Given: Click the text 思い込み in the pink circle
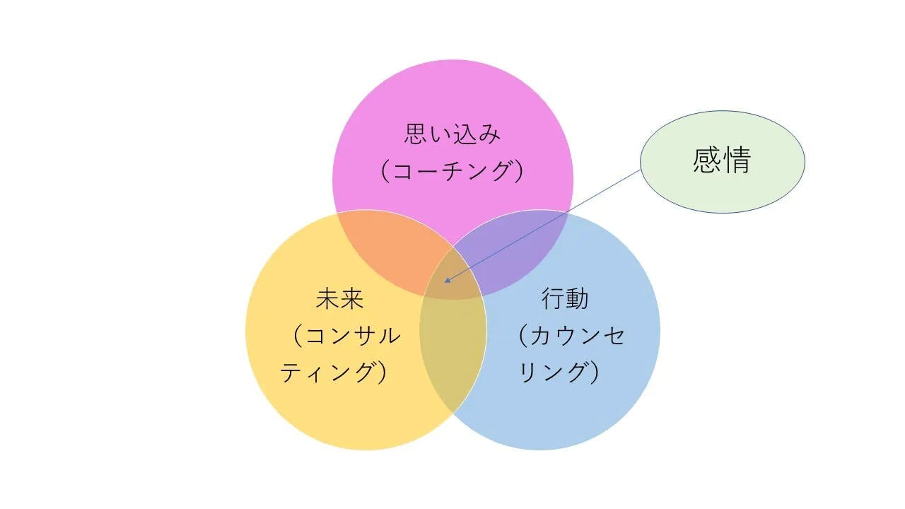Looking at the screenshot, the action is point(452,134).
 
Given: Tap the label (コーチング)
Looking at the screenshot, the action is point(452,171).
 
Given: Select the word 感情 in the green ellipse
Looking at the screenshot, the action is point(722,160).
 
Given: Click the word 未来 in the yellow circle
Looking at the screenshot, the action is point(339,299).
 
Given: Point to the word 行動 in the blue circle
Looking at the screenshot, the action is point(565,299).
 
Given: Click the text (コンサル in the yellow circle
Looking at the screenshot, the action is point(346,336).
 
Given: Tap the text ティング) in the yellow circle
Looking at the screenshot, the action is point(333,373).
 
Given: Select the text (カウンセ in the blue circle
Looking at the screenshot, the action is point(571,336).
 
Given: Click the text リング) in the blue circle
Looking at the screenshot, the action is point(559,373).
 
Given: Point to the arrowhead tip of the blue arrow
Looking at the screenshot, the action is point(445,282).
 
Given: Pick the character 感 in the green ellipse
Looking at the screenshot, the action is point(708,160).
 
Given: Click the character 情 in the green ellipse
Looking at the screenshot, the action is point(737,160).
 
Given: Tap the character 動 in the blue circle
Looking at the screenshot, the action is point(577,299).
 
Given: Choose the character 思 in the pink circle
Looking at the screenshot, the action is point(416,134).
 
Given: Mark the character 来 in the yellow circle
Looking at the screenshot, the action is point(351,299).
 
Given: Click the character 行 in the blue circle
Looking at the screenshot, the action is point(553,299).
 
